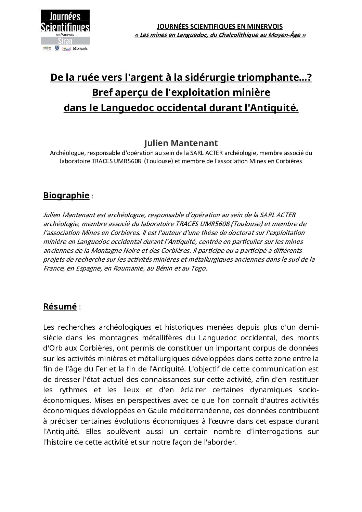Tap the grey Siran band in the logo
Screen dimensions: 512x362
click(65, 41)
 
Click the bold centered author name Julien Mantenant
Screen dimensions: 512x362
click(181, 143)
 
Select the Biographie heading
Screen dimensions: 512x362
click(66, 195)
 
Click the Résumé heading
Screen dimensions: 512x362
click(60, 306)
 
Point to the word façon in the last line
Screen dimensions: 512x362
click(186, 442)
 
